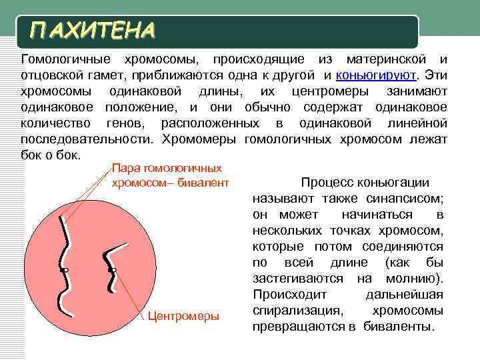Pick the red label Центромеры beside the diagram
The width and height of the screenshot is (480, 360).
(183, 316)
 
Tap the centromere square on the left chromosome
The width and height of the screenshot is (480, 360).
(65, 270)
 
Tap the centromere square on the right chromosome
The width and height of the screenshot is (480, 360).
(114, 270)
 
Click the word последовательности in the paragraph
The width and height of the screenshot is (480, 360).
(87, 139)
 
